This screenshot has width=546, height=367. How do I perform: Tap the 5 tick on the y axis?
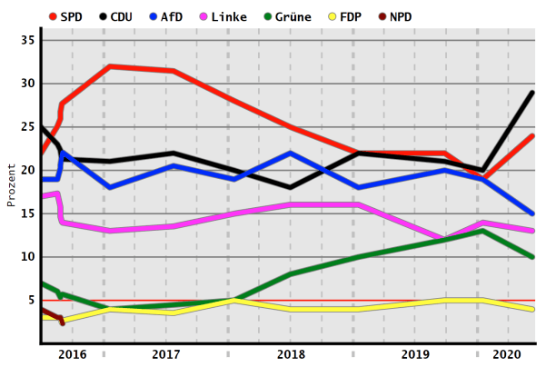tap(31, 300)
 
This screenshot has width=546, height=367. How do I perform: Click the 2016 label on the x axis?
tap(73, 354)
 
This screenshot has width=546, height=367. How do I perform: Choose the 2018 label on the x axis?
tap(290, 354)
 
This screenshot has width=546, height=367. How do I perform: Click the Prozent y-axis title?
tap(12, 184)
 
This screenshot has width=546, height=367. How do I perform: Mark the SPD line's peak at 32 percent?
tap(109, 66)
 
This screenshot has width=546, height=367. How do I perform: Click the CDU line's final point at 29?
tap(532, 93)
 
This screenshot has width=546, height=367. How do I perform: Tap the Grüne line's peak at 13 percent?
tap(482, 231)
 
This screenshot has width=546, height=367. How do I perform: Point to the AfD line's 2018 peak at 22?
tap(290, 153)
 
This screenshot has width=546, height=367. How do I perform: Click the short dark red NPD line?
tap(52, 314)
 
